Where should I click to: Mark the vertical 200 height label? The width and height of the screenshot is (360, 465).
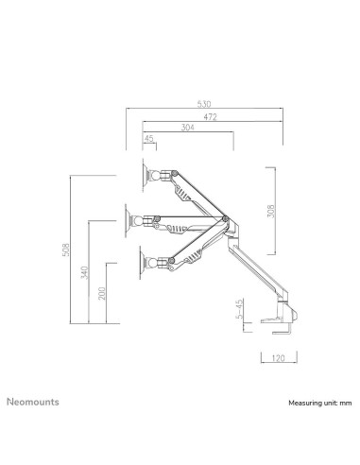tap(102, 294)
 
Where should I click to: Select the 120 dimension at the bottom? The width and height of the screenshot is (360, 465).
tap(277, 359)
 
